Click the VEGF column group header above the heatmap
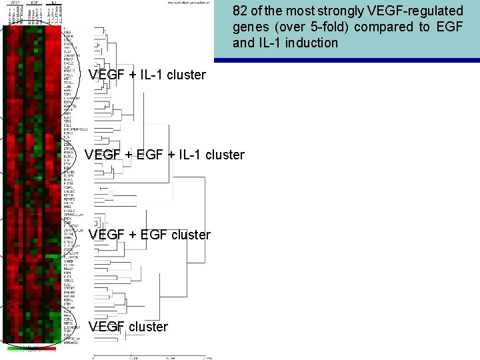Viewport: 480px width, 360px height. pos(13,3)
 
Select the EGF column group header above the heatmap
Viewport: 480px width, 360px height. pos(33,3)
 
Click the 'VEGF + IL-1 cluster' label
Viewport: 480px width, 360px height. pos(147,75)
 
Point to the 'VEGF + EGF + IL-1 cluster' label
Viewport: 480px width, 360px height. pos(165,155)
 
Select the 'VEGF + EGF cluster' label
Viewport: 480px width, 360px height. pos(149,235)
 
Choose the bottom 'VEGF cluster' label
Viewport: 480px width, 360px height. pos(128,327)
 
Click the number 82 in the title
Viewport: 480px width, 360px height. pos(241,11)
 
